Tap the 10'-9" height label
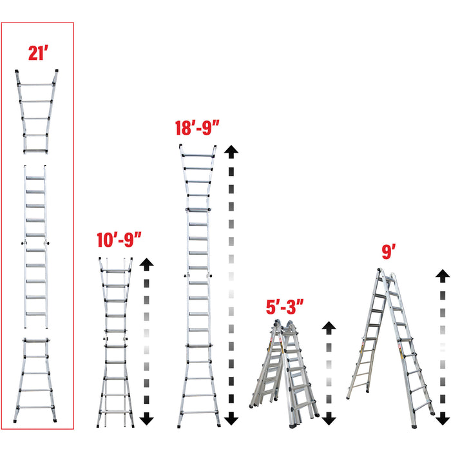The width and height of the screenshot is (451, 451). point(118,242)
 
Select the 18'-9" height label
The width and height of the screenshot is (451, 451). point(198,128)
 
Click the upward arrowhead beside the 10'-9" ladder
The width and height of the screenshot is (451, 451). point(147,263)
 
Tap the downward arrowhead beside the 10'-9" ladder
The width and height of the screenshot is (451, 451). point(147,418)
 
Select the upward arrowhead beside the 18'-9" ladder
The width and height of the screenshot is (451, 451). point(231,151)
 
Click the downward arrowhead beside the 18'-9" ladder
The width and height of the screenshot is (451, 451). point(231,419)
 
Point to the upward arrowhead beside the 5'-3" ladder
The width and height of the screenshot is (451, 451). point(329,326)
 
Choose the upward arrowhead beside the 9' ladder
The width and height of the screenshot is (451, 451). point(442,274)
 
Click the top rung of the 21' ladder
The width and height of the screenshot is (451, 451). point(37,84)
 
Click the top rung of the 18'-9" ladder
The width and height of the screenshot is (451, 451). point(198,155)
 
